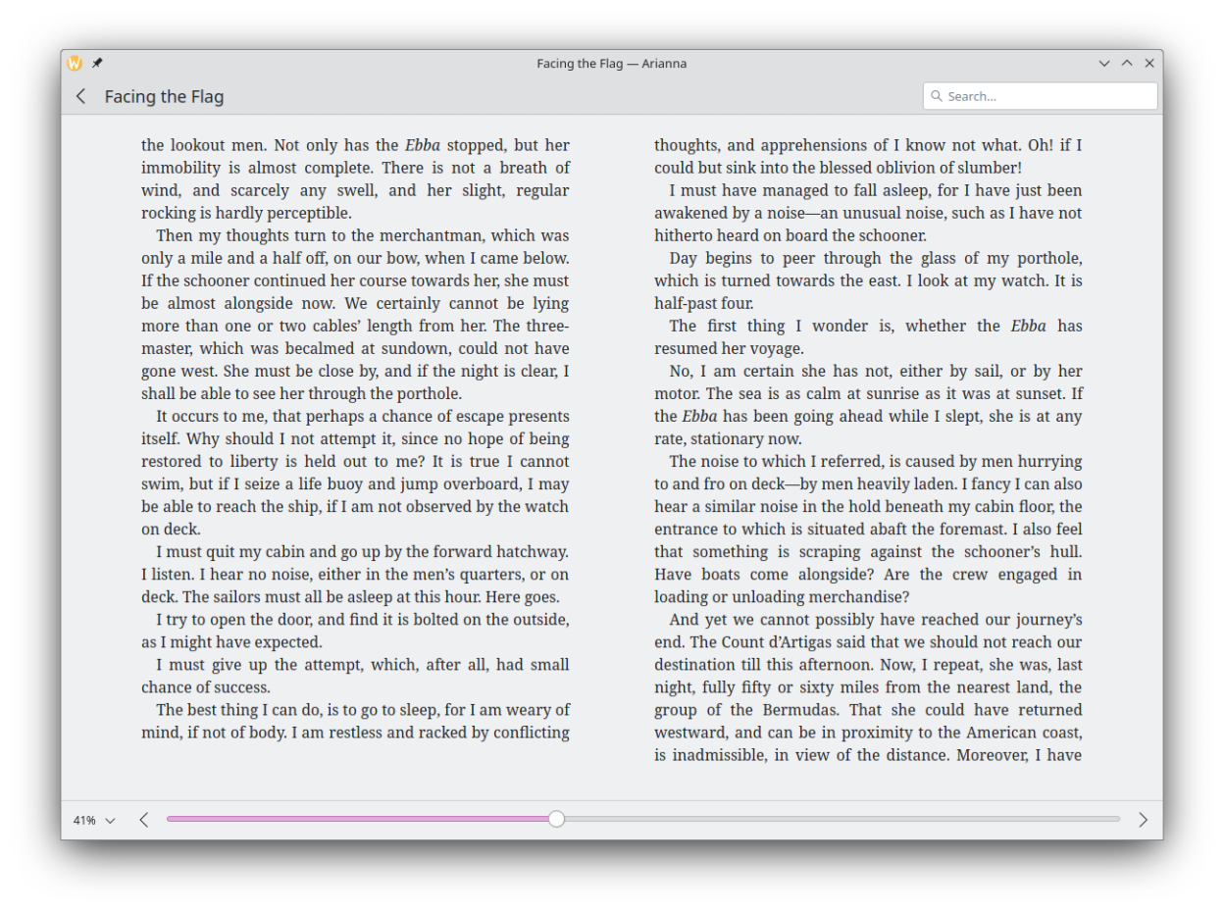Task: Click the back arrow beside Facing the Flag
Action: point(81,96)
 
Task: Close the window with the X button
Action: point(1149,64)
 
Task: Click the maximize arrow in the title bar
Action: point(1127,64)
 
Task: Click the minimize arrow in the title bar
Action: point(1104,64)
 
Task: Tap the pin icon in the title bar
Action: point(97,64)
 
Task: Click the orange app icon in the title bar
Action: point(75,64)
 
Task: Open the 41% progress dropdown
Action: point(93,820)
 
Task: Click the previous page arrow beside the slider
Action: point(144,820)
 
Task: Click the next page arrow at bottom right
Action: point(1143,820)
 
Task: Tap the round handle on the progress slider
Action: point(556,819)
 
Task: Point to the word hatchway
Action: point(533,552)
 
